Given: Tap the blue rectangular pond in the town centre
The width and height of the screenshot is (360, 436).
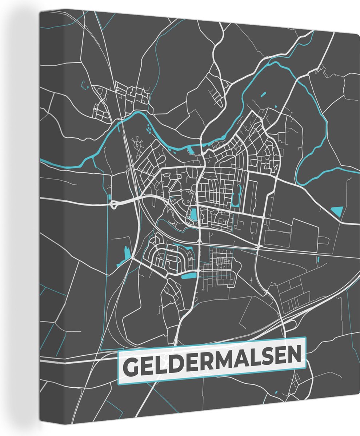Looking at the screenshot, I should point(193,214).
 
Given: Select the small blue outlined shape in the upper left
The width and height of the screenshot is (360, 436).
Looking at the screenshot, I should point(85,85).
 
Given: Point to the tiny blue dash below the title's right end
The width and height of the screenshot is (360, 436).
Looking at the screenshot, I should point(276,392).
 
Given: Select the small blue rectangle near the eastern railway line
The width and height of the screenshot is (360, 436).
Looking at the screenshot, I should point(318,259).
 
